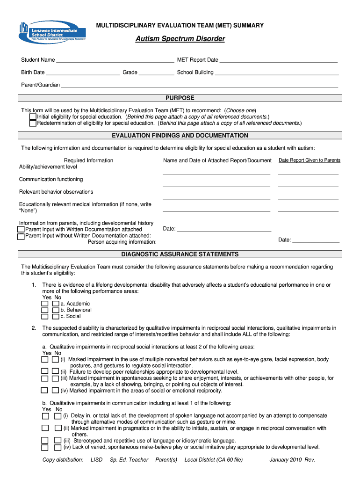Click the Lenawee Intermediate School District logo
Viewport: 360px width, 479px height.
click(x=52, y=32)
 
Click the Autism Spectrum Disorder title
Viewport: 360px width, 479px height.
click(x=180, y=39)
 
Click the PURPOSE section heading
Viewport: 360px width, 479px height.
click(x=180, y=98)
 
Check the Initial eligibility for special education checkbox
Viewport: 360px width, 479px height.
click(x=33, y=117)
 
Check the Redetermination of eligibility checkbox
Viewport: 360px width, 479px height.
click(x=33, y=123)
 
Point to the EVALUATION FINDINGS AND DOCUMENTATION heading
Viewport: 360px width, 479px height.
click(x=180, y=136)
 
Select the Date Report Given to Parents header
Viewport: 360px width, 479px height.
click(x=310, y=160)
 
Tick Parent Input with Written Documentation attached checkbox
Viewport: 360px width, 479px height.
click(x=21, y=230)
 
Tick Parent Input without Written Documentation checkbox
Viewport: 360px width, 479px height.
click(x=21, y=236)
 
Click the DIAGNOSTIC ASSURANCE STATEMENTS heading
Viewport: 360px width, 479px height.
click(x=180, y=254)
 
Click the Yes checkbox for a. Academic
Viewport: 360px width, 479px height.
click(x=45, y=304)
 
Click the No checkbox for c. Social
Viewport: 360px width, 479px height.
click(x=56, y=317)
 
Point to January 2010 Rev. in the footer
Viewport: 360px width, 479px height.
click(x=292, y=460)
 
